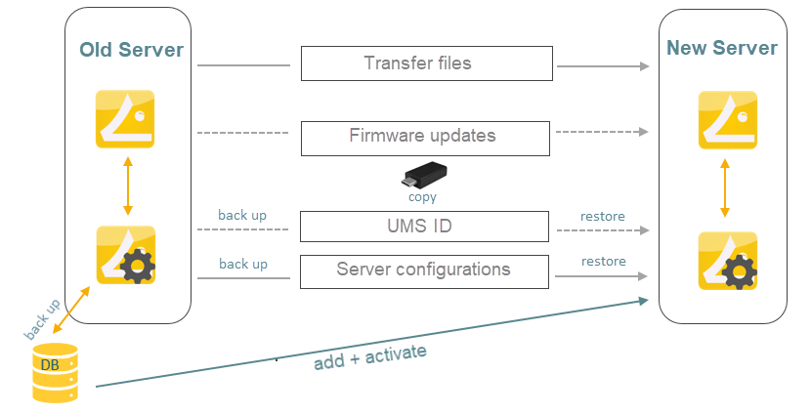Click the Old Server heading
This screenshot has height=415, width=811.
pos(131,50)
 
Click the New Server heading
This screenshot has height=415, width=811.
pos(721,48)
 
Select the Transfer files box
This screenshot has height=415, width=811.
pos(426,63)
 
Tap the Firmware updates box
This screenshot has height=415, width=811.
pos(426,137)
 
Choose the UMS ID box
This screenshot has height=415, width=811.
pos(426,227)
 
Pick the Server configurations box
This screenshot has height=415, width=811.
pos(426,270)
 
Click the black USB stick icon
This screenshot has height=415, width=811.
pos(425,176)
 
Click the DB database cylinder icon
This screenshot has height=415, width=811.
pos(55,372)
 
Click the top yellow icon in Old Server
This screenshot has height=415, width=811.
pos(125,118)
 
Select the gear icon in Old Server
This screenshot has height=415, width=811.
pos(125,255)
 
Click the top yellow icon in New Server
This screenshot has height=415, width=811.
pos(728,120)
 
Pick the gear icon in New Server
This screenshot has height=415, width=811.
pos(728,260)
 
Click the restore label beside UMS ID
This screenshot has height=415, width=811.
pos(602,217)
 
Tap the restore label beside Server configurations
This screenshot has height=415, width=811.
pos(603,262)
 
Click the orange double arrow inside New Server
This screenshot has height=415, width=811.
pos(724,189)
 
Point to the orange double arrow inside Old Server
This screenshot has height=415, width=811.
pos(126,187)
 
